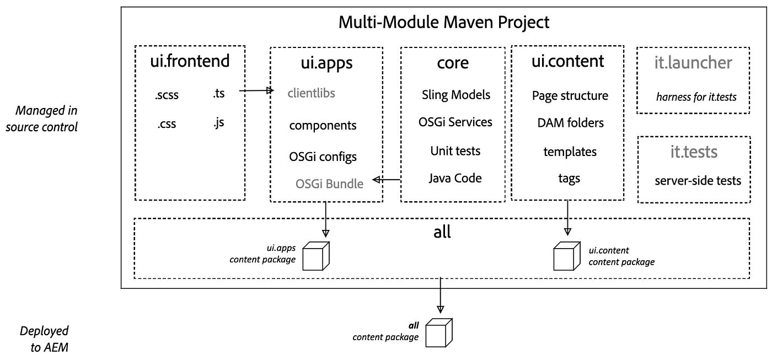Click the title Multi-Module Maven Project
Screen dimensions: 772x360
click(x=443, y=23)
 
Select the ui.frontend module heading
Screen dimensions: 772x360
click(x=190, y=61)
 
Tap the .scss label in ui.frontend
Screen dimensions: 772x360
click(x=167, y=95)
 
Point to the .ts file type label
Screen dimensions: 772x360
click(x=219, y=93)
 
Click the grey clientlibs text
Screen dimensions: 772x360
click(x=311, y=93)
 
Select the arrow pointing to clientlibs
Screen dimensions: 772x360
click(x=256, y=90)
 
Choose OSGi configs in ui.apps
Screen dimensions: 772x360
click(x=323, y=157)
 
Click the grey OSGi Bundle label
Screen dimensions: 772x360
click(x=330, y=184)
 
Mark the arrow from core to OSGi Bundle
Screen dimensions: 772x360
click(x=387, y=180)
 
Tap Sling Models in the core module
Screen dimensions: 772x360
click(x=456, y=95)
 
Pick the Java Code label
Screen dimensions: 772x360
click(x=455, y=178)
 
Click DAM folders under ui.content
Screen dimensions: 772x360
click(x=570, y=122)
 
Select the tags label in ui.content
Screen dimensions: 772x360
click(x=569, y=179)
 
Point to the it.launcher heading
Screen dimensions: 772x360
click(x=693, y=63)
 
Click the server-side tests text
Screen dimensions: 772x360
click(x=698, y=180)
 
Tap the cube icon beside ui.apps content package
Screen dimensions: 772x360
click(x=316, y=256)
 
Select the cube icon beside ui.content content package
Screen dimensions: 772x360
click(x=567, y=256)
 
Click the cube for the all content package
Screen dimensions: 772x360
click(x=439, y=333)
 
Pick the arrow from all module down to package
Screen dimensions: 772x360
click(x=440, y=295)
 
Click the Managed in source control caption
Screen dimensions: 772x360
click(x=42, y=119)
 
